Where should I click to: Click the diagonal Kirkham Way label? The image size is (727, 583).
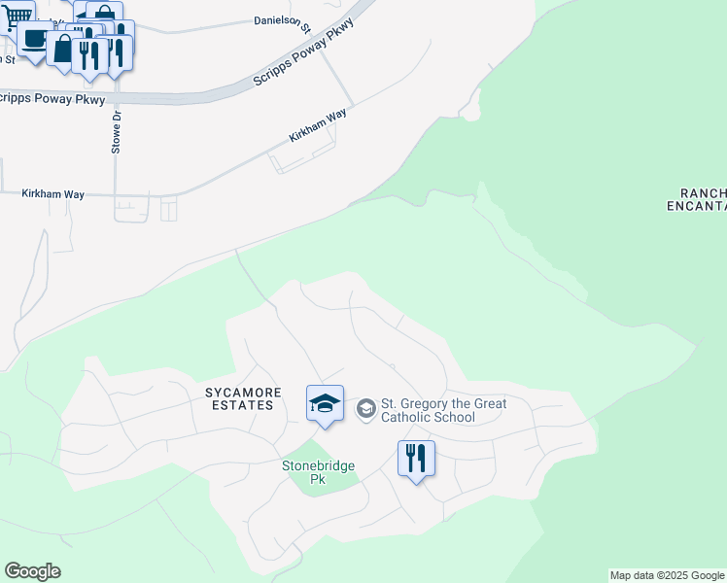tap(318, 126)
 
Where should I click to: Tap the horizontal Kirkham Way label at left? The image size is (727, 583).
tap(53, 194)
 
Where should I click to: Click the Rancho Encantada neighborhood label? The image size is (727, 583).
tap(696, 199)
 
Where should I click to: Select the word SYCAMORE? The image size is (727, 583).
tap(243, 393)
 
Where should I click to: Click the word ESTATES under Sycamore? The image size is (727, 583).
tap(244, 405)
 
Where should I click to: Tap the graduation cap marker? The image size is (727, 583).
tap(325, 404)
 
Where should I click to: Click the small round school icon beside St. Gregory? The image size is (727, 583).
tap(366, 408)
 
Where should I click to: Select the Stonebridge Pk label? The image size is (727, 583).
tap(318, 472)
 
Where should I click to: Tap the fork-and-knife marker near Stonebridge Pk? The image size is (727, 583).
tap(416, 458)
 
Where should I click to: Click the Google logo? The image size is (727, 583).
tap(32, 571)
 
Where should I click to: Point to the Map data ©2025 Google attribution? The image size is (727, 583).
tap(667, 576)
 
